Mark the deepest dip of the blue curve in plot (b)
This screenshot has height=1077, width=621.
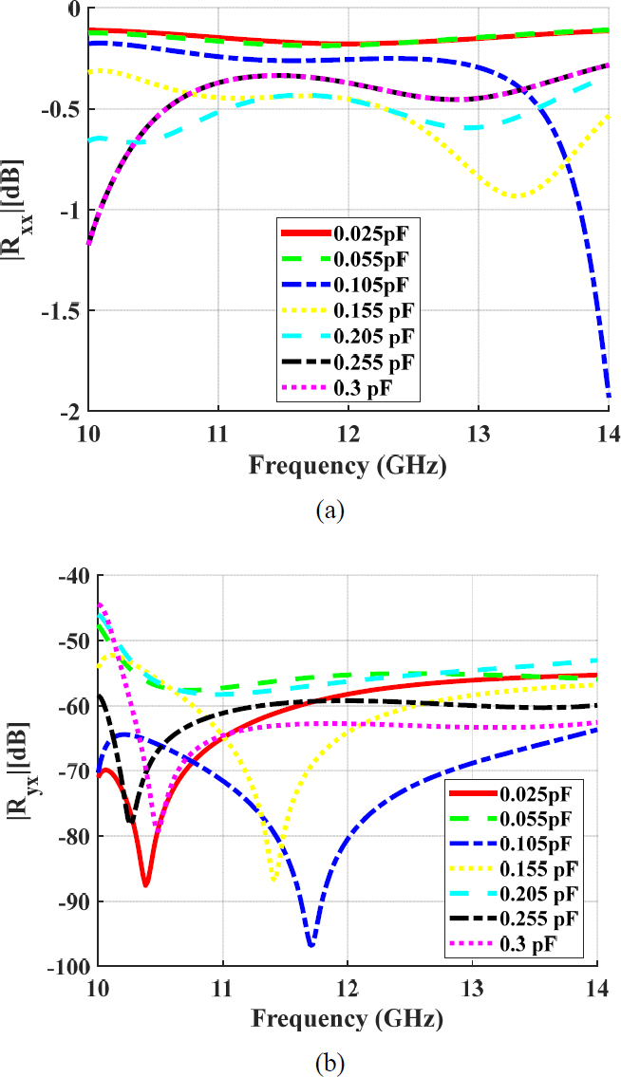310,945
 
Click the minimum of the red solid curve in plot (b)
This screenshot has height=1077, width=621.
145,885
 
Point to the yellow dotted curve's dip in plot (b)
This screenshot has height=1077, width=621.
273,880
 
